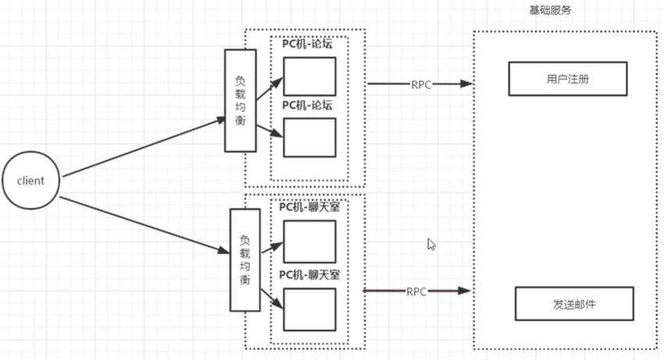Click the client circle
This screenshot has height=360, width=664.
pyautogui.click(x=30, y=180)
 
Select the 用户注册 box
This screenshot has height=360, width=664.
pyautogui.click(x=558, y=80)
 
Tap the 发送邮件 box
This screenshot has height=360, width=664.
pyautogui.click(x=573, y=304)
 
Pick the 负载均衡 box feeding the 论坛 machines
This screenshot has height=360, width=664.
pyautogui.click(x=240, y=101)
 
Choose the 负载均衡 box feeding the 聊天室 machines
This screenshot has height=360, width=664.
pyautogui.click(x=245, y=259)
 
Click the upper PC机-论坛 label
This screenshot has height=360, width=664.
pyautogui.click(x=307, y=45)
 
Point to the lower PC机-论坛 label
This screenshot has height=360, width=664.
pyautogui.click(x=307, y=105)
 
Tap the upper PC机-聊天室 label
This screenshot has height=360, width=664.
pyautogui.click(x=309, y=207)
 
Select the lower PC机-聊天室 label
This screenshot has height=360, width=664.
pyautogui.click(x=309, y=276)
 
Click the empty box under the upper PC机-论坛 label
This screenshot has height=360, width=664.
pyautogui.click(x=309, y=77)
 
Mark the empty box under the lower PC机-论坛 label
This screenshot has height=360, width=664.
pyautogui.click(x=309, y=137)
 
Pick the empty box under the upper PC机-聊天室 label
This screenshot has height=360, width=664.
pyautogui.click(x=309, y=241)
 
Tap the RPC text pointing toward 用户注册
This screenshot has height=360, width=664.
pyautogui.click(x=420, y=84)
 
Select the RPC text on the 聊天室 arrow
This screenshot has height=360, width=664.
pyautogui.click(x=416, y=291)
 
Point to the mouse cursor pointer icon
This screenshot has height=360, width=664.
pyautogui.click(x=431, y=244)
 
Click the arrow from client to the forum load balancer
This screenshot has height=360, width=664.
pyautogui.click(x=141, y=148)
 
